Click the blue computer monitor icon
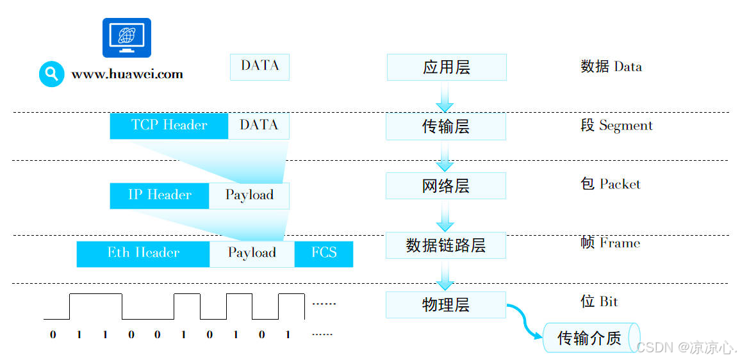point(127,38)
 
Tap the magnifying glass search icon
point(51,74)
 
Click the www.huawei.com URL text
point(127,74)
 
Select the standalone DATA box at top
point(259,67)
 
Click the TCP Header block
point(169,126)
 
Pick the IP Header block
point(160,195)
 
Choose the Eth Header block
point(143,254)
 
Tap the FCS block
point(324,254)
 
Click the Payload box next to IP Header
point(249,195)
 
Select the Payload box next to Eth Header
point(252,254)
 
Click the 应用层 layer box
point(446,67)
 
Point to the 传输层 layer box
point(445,127)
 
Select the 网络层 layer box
point(445,186)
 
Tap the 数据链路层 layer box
point(445,245)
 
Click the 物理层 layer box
point(445,305)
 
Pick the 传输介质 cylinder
point(590,338)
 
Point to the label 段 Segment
point(616,126)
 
